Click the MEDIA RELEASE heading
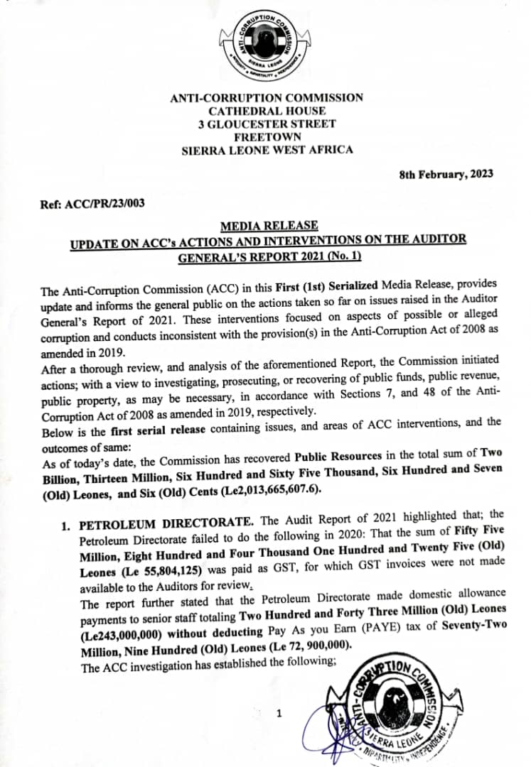269,226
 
